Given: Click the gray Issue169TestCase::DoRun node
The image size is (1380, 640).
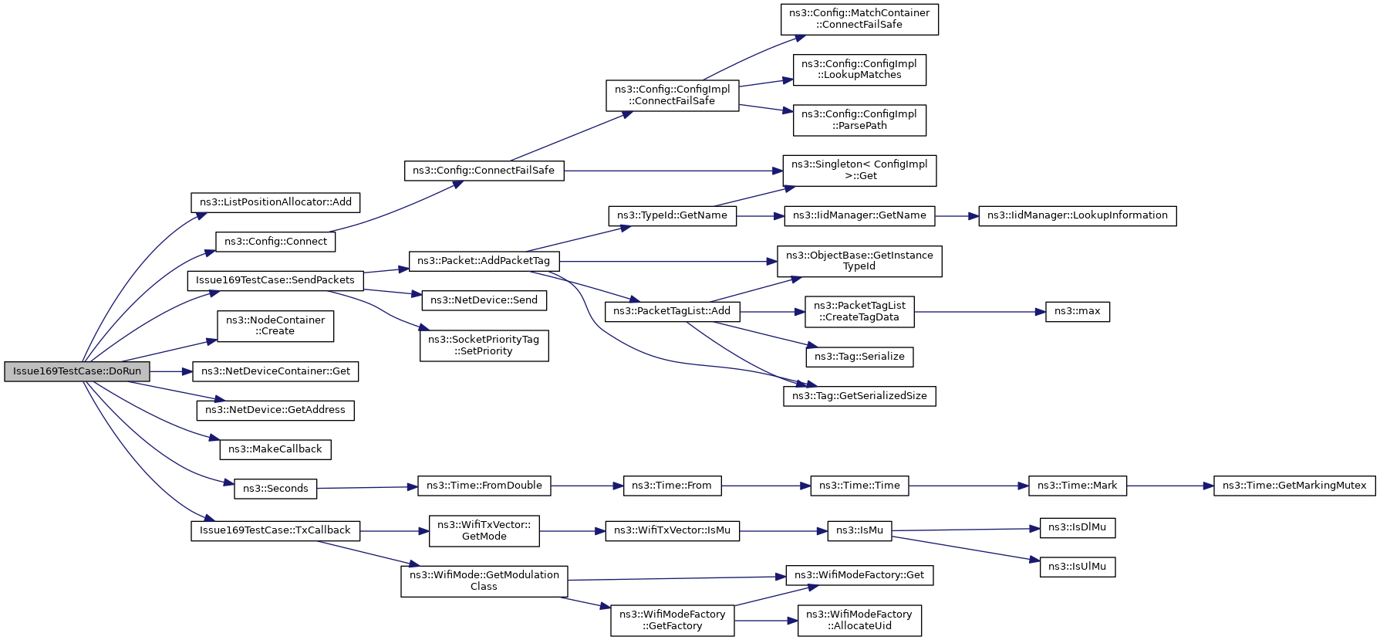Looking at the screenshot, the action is [77, 371].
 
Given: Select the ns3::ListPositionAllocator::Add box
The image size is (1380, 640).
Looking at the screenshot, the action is [275, 202].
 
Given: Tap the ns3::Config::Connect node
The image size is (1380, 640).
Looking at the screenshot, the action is [275, 242].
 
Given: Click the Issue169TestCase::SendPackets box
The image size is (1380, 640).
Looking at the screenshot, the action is [275, 280].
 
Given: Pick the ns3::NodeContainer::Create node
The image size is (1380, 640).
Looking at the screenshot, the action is [275, 326].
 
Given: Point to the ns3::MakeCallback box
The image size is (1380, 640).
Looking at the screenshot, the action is [275, 449].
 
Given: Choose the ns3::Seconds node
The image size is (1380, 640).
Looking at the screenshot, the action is [275, 489].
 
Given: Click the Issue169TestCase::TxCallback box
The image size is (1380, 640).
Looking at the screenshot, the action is [275, 530].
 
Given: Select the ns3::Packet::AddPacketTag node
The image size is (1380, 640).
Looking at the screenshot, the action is [484, 261].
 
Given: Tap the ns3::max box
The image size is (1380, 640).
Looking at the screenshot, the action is [1078, 312].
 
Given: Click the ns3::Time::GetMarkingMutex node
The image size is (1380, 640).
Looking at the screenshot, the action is [1294, 486].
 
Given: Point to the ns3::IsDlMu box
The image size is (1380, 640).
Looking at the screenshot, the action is [1078, 528].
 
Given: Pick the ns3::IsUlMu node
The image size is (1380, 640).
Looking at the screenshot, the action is [1078, 567].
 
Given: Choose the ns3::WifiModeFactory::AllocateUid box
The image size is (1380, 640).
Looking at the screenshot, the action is [859, 620].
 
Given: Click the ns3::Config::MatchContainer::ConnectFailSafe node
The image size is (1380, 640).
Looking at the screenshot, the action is [859, 19].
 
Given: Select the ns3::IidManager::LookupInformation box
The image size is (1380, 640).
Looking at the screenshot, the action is [1078, 215].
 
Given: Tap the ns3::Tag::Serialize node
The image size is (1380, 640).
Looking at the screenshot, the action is [859, 357].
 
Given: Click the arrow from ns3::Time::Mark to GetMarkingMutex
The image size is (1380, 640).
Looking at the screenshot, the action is [1170, 486].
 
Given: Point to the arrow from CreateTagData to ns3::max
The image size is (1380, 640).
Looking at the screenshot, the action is [980, 312].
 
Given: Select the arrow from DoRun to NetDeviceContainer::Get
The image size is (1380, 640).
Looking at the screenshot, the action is [171, 371].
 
